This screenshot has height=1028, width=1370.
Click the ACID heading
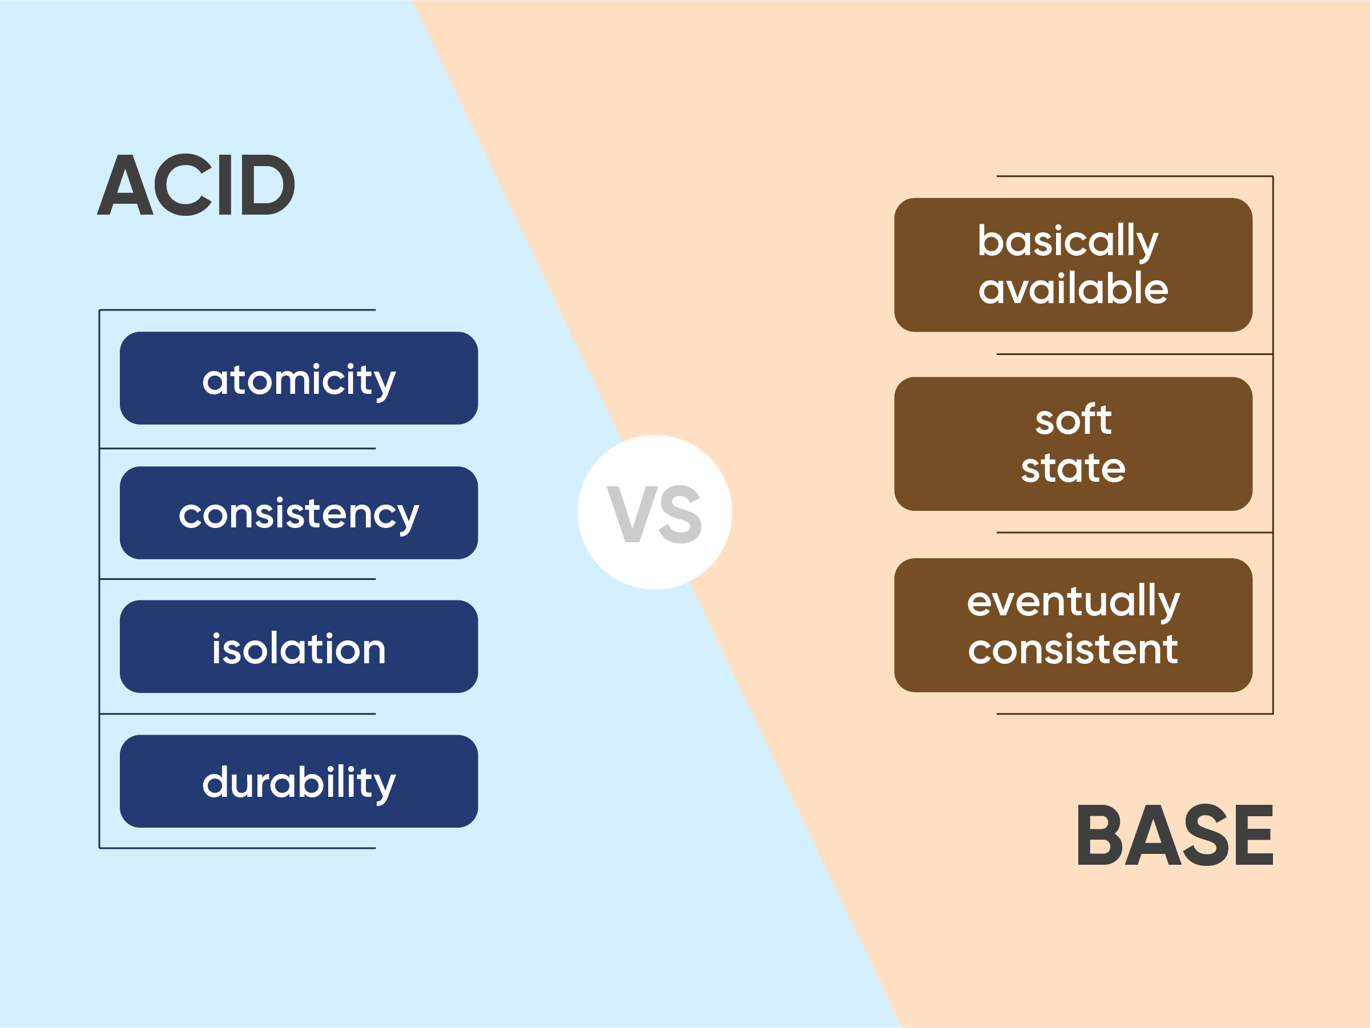tap(196, 184)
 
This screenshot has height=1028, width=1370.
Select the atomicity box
tap(299, 378)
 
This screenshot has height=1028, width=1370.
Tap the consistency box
tap(299, 513)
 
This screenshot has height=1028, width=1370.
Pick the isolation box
tap(299, 647)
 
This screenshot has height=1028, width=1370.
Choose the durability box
tap(299, 781)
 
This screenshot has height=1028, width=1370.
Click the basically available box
tap(1073, 265)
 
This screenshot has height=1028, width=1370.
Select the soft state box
tap(1073, 444)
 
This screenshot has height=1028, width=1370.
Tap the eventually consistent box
tap(1073, 626)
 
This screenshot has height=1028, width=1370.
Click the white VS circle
tap(655, 512)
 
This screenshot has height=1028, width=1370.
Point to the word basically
tap(1068, 242)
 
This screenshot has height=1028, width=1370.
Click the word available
tap(1073, 289)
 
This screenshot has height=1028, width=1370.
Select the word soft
tap(1073, 420)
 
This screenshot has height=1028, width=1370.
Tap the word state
tap(1073, 467)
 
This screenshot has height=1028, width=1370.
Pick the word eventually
tap(1073, 602)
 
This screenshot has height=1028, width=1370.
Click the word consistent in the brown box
tap(1073, 649)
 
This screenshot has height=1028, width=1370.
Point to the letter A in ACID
tap(125, 184)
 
